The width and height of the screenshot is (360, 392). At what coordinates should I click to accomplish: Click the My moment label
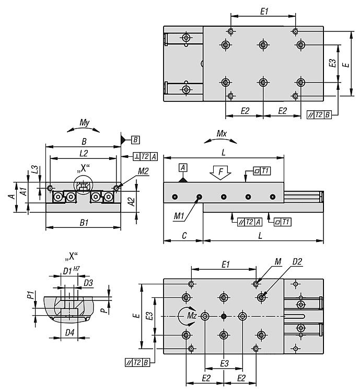pos(84,123)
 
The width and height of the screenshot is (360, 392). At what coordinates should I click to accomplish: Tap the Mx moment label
pos(222,133)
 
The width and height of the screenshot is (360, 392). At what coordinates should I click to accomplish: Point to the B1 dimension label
pos(84,222)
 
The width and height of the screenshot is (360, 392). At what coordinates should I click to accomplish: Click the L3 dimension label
pos(34,169)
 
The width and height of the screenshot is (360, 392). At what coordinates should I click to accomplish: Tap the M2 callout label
pos(129,170)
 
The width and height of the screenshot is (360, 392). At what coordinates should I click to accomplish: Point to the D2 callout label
pos(297,261)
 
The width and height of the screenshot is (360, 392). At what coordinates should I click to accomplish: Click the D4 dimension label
pos(69,332)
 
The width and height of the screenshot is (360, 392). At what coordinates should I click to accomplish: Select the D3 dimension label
pos(88,283)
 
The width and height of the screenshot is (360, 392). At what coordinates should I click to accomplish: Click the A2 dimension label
pos(132,200)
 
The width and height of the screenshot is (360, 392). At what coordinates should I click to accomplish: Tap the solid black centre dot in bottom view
pos(224,316)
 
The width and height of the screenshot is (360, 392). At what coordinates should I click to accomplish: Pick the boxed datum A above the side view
pos(183,167)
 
